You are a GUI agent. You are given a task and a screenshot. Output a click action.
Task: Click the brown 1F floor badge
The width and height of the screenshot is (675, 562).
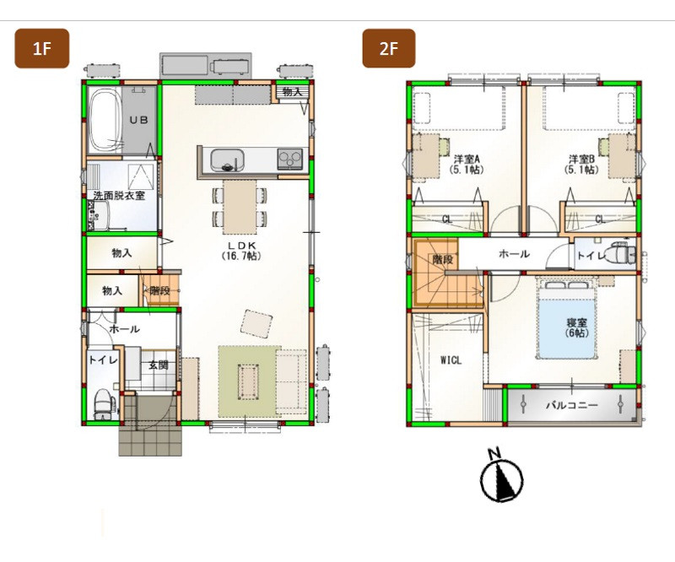point(41,48)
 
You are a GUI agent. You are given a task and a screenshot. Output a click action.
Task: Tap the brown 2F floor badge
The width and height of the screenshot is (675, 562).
point(389,48)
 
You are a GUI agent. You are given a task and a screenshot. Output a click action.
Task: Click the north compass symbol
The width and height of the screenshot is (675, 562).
point(501,476)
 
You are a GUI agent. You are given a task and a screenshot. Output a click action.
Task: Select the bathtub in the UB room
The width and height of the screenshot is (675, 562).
point(105,120)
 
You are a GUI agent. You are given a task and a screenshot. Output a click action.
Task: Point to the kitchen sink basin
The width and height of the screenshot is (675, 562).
point(227,159)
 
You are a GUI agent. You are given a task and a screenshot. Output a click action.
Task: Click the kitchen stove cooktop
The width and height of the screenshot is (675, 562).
point(290,159)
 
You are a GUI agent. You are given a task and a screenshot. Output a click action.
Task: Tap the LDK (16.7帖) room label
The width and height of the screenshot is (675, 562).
point(242,251)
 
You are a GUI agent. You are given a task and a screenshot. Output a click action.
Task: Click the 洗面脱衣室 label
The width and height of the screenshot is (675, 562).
point(119,196)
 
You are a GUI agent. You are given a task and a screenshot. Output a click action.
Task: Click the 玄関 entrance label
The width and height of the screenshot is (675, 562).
point(159,365)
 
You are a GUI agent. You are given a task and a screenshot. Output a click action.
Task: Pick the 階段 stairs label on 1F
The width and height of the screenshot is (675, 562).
point(160,290)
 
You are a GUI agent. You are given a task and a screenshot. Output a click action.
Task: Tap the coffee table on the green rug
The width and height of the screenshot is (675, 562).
point(248,381)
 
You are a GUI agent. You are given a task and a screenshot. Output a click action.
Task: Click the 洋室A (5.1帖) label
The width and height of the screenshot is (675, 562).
point(467,164)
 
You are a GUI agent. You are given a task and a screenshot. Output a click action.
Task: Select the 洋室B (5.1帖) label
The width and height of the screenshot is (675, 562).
point(581,164)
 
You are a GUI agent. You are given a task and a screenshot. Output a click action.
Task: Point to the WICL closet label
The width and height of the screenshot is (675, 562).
point(451,360)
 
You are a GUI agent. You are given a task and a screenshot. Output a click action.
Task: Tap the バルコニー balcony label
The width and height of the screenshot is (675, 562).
point(572,405)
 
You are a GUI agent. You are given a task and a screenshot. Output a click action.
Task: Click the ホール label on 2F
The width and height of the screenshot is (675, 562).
point(514,254)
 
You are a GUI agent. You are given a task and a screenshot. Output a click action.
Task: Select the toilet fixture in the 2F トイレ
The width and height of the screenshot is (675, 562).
point(618,253)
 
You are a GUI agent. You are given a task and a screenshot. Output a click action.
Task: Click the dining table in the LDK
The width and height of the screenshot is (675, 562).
point(240,207)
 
